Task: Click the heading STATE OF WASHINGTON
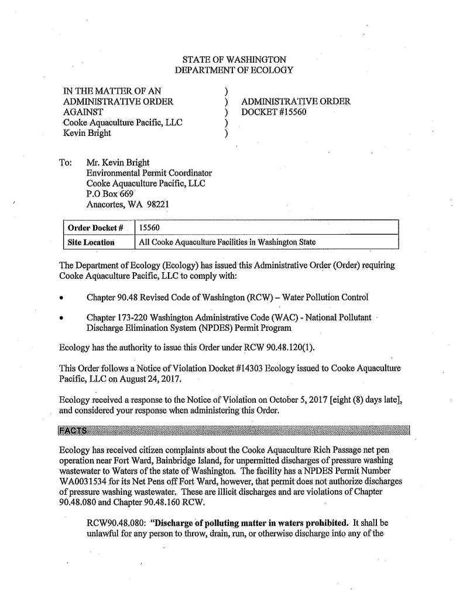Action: [234, 60]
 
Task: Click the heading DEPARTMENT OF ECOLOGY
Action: [234, 70]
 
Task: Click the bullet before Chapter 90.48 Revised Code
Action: [61, 297]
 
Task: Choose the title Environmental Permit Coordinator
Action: [149, 173]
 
